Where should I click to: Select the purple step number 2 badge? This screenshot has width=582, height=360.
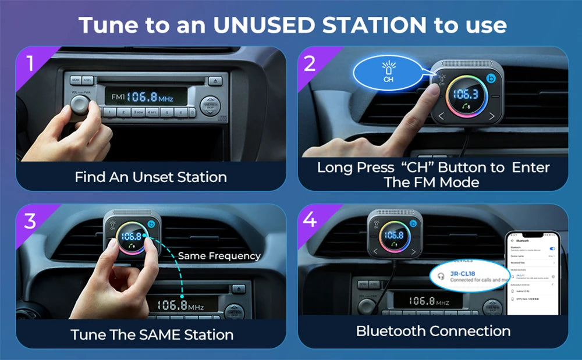pyautogui.click(x=310, y=63)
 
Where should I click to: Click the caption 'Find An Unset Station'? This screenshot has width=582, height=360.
pyautogui.click(x=151, y=177)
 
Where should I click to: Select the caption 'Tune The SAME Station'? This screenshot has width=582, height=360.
pyautogui.click(x=152, y=334)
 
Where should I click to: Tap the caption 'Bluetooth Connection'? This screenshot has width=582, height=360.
pyautogui.click(x=433, y=331)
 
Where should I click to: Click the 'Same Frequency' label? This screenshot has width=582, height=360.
pyautogui.click(x=219, y=256)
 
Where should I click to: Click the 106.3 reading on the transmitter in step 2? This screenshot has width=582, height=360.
pyautogui.click(x=466, y=95)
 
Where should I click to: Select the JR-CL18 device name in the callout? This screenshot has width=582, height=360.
pyautogui.click(x=463, y=273)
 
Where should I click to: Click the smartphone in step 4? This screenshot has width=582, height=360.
pyautogui.click(x=532, y=273)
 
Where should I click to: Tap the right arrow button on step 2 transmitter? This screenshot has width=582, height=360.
pyautogui.click(x=492, y=116)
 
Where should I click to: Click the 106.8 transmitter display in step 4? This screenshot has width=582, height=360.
pyautogui.click(x=394, y=235)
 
